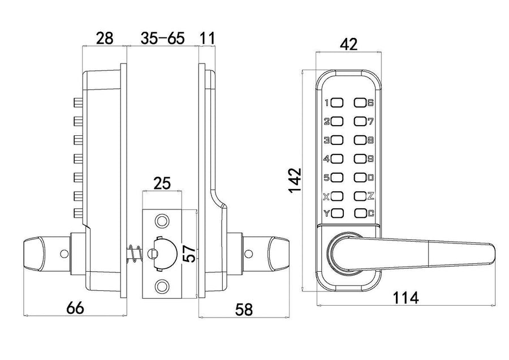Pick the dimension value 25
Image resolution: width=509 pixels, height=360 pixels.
[x=162, y=183]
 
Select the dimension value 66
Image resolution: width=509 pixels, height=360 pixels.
[x=75, y=308]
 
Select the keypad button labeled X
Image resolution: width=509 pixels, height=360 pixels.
[x=337, y=197]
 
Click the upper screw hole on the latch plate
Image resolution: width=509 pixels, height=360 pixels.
[x=162, y=220]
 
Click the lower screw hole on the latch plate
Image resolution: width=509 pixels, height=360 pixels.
[x=162, y=286]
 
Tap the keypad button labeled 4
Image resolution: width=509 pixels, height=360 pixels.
[x=337, y=159]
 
